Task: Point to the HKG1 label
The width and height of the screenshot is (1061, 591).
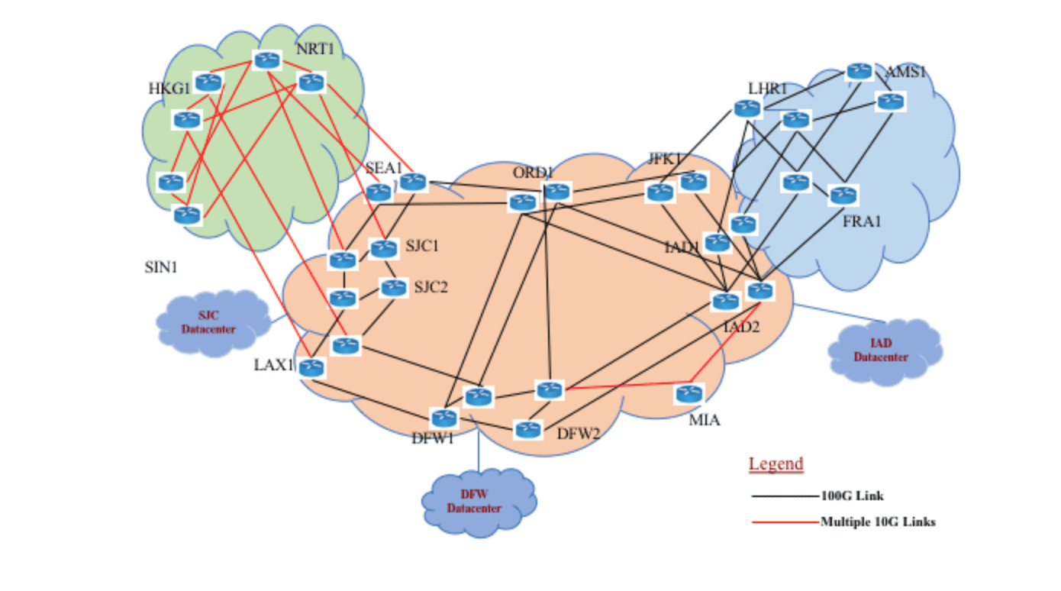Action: (169, 89)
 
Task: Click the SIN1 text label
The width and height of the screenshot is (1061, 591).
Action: (161, 268)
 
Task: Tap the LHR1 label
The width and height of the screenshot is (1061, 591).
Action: (767, 89)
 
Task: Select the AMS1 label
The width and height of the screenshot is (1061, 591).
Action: (905, 73)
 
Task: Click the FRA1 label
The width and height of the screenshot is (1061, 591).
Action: (862, 222)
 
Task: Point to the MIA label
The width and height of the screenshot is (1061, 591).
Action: (704, 420)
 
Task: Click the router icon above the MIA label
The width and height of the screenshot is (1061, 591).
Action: (688, 394)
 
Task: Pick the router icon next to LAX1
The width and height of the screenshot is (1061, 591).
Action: (311, 368)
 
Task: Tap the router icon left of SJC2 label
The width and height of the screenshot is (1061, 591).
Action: (394, 288)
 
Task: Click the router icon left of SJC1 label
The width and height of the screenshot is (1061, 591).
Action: (384, 247)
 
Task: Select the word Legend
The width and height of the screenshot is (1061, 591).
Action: (776, 463)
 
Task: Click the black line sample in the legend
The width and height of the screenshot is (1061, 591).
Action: (785, 496)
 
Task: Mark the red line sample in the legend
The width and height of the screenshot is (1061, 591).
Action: (785, 522)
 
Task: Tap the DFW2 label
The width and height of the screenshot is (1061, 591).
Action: (578, 434)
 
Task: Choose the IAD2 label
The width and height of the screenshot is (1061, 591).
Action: (741, 328)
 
